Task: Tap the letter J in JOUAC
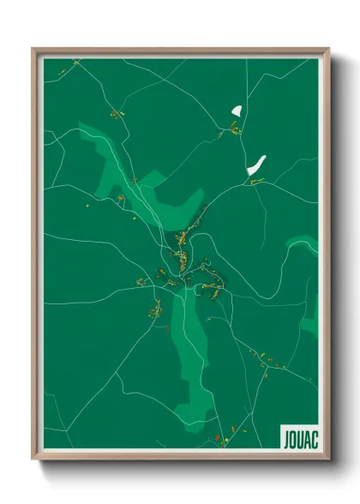283,437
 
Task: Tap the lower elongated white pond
255,164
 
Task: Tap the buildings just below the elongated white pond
256,180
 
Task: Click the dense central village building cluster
182,249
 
